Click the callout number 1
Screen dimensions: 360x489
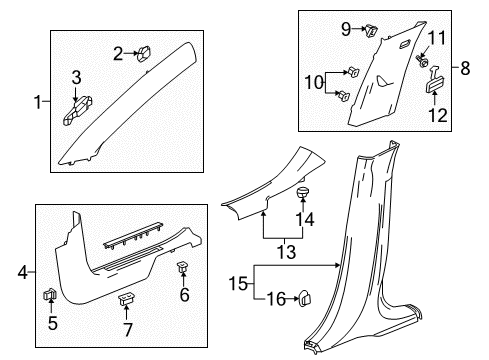click(x=38, y=101)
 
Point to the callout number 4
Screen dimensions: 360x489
click(x=23, y=272)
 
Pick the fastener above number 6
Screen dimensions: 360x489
click(x=183, y=267)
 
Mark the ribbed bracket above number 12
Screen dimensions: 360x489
click(x=437, y=87)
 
